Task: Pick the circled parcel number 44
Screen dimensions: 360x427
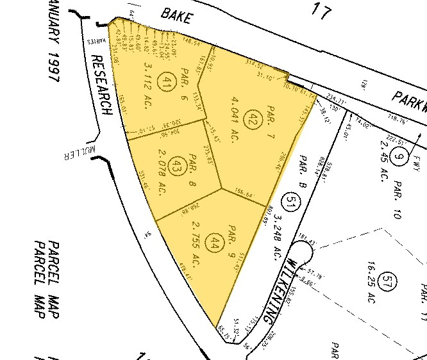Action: click(x=214, y=243)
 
